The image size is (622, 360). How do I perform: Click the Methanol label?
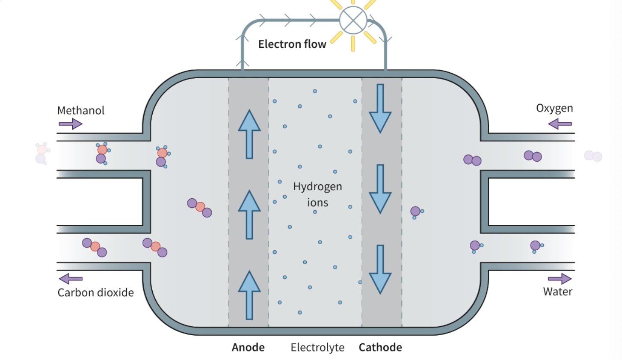81,110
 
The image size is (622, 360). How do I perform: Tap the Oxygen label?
554,108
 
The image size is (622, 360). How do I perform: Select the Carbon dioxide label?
95,292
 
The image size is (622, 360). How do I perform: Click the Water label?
557,292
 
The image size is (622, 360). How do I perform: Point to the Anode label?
248,347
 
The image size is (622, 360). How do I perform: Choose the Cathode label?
380,347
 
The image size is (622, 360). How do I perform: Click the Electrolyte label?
317,347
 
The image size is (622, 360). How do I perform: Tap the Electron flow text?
292,44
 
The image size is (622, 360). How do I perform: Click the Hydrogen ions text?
317,194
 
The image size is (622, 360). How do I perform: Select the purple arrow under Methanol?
71,124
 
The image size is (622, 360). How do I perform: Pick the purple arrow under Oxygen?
560,124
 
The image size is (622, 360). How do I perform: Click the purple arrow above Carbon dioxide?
71,279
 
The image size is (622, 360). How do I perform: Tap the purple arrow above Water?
560,279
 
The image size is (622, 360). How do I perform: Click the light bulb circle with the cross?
353,20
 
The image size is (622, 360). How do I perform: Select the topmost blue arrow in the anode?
249,134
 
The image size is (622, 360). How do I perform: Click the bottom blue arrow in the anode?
249,295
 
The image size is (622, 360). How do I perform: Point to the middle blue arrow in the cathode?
380,189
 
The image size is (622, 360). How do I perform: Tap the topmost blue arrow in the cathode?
380,108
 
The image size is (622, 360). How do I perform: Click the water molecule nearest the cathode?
416,212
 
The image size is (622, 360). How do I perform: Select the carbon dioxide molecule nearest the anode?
199,207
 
